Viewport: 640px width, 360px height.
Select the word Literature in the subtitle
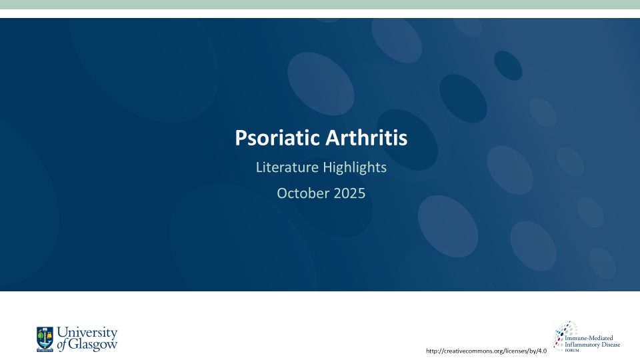coord(283,167)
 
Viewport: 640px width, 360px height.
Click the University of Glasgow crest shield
coord(45,338)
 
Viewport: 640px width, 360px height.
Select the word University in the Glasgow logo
coord(87,333)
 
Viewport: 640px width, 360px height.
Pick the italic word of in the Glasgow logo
coord(62,345)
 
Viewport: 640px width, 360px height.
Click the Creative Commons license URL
coord(486,351)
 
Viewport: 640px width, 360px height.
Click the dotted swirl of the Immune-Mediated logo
coord(566,331)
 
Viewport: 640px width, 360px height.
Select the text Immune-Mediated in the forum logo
coord(586,339)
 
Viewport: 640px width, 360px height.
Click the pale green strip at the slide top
coord(320,5)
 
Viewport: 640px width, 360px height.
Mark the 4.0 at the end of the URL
coord(541,351)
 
